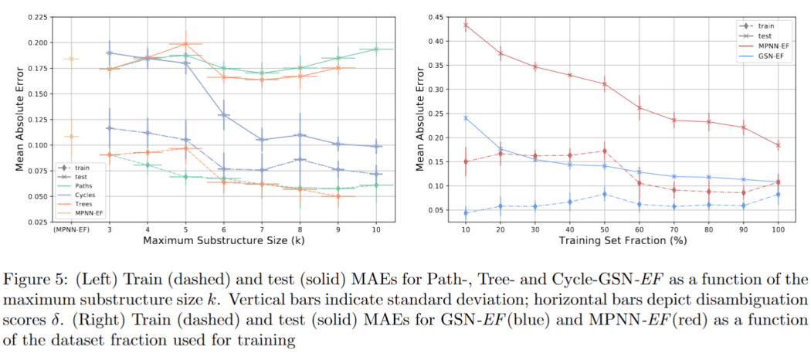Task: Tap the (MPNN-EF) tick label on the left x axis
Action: (70, 230)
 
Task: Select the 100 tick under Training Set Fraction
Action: (778, 230)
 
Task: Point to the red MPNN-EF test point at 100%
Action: (778, 144)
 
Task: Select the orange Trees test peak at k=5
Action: (185, 44)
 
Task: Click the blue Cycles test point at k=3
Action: (110, 53)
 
